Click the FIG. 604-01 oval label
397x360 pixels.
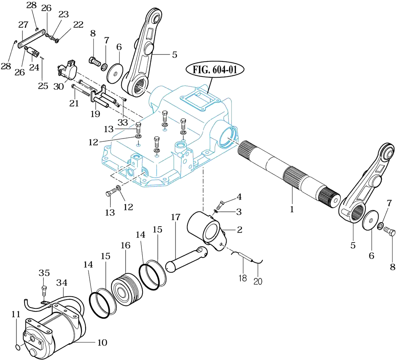tap(215, 70)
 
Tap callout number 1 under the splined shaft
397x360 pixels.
tap(292, 209)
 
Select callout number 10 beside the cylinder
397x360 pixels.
tap(102, 343)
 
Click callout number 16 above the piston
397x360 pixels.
tap(126, 245)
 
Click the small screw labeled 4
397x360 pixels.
tap(221, 203)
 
